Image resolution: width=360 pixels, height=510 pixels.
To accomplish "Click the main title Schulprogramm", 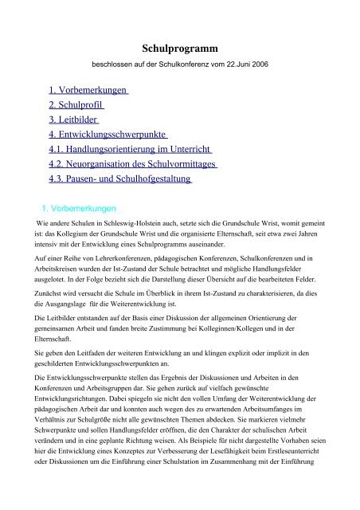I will [x=179, y=49].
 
